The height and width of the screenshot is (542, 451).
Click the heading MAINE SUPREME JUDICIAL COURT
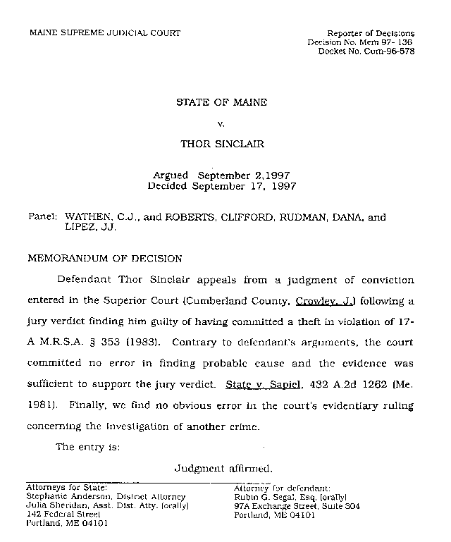104,32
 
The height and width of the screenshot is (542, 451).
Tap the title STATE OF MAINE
221,103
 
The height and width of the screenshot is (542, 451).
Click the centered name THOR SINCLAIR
222,144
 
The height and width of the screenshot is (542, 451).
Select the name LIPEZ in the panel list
81,228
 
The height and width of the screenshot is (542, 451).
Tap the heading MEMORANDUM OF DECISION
104,258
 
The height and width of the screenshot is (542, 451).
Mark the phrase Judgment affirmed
223,467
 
